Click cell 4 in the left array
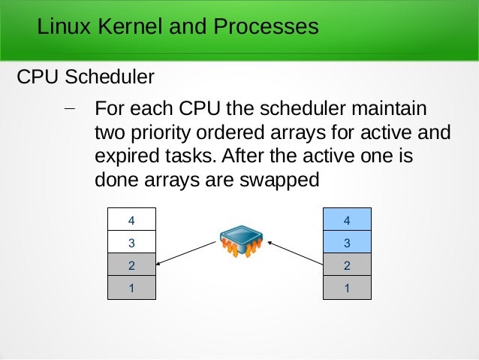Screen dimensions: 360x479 [131, 220]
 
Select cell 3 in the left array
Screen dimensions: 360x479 [131, 243]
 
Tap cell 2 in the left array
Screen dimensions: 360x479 [131, 265]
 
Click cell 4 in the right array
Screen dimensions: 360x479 [347, 220]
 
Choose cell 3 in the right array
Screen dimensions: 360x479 [347, 243]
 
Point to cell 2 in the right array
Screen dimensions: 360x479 [347, 265]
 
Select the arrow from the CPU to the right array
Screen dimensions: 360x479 [295, 253]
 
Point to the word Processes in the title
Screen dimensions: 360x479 [266, 28]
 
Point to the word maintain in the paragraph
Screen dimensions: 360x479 [390, 110]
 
